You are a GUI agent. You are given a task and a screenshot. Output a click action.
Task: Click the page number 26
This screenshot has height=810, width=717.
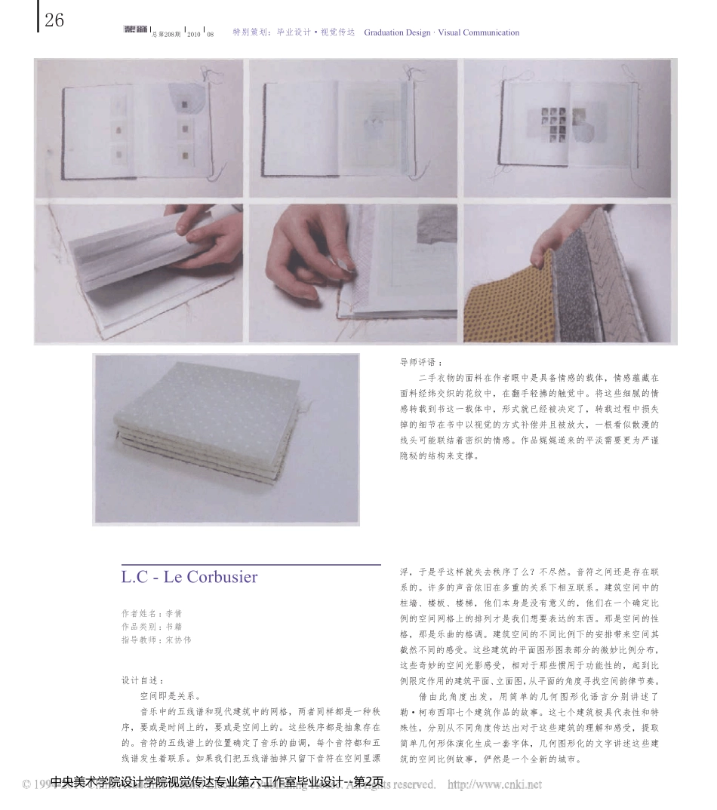[54, 20]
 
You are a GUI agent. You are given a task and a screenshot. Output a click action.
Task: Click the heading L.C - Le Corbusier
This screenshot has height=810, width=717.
[189, 578]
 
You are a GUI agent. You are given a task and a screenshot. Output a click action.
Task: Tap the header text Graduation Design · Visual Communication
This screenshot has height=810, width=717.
[442, 32]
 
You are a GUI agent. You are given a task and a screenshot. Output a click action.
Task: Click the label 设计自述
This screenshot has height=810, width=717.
[143, 680]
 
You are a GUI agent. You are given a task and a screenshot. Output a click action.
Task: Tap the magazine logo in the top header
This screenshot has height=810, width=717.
[135, 32]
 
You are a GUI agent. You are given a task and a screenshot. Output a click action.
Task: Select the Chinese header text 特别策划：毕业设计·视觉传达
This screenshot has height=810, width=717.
[294, 32]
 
